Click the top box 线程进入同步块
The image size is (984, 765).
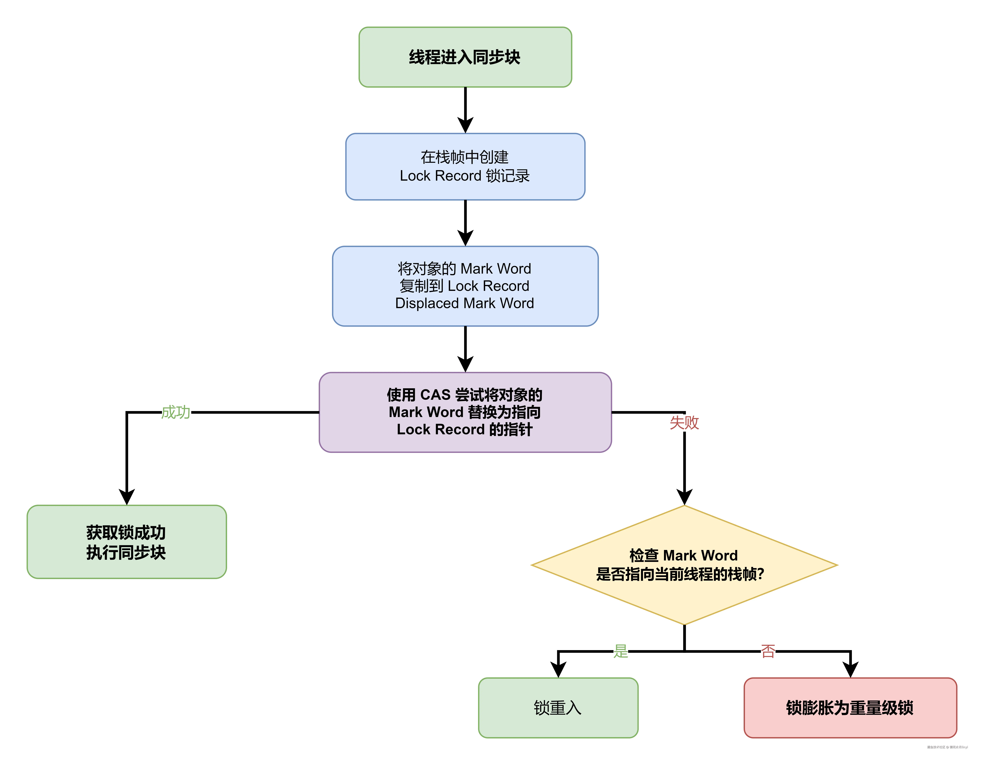(465, 57)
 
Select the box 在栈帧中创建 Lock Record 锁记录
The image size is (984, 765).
(465, 166)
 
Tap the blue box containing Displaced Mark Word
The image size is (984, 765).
(465, 286)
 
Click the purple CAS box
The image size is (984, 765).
(465, 412)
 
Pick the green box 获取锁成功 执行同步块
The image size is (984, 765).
(127, 542)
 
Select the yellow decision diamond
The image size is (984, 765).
(684, 565)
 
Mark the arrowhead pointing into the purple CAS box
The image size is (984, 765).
(465, 364)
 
